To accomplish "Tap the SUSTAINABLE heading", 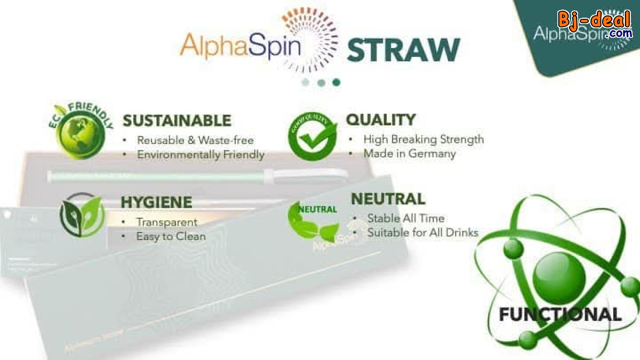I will coord(177,121).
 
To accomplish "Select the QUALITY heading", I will coord(380,119).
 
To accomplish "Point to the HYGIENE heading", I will coord(156,203).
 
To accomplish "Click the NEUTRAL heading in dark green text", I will coord(388,199).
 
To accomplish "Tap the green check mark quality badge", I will coord(313,137).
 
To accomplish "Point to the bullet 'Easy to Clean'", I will coord(171,236).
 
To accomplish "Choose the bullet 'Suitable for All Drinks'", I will coord(422,233).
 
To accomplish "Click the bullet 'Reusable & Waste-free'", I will coord(195,141).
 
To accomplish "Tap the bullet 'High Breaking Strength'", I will coord(423,139).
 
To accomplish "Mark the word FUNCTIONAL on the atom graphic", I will coord(560,314).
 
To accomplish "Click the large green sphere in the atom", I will coord(558,277).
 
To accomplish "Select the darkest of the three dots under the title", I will coord(336,82).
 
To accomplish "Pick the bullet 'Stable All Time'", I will coord(405,218).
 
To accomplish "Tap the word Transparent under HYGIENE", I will coord(166,222).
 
